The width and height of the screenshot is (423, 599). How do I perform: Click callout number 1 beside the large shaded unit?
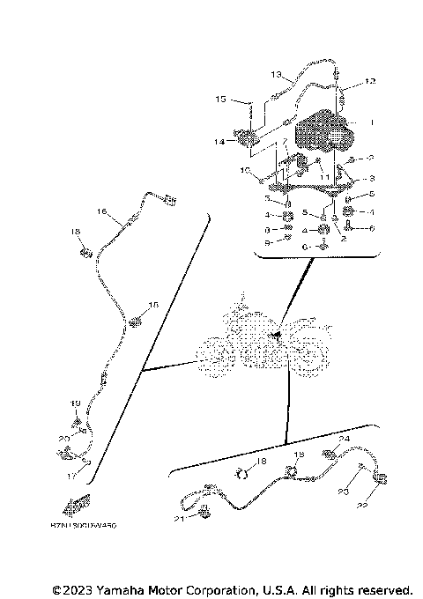[x=373, y=122]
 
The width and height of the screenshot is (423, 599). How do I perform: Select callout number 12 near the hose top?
[x=370, y=81]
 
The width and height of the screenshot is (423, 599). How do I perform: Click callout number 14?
[x=219, y=142]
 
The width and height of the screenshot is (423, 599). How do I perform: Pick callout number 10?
[x=244, y=169]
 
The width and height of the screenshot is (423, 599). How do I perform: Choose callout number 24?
[x=345, y=439]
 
